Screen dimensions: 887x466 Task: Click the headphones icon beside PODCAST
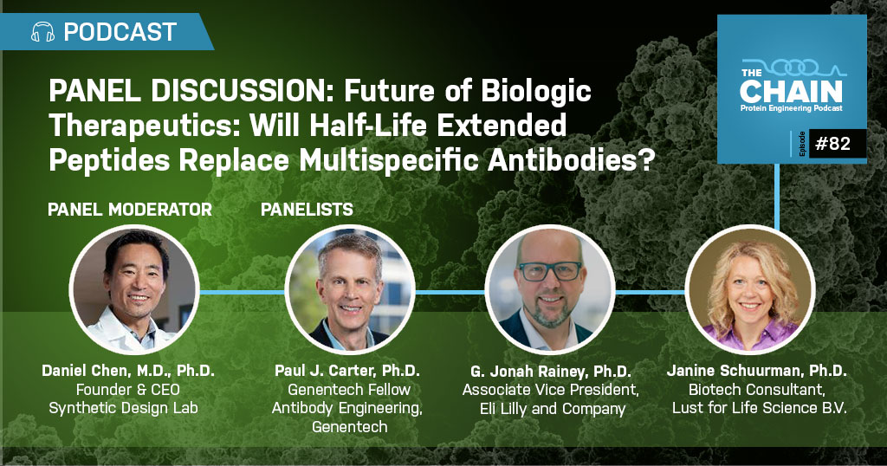pos(43,32)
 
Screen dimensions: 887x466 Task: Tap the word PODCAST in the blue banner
pos(120,32)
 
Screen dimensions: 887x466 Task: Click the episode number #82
pos(832,144)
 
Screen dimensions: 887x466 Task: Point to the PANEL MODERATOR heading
pos(130,210)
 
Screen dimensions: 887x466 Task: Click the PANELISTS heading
pos(307,210)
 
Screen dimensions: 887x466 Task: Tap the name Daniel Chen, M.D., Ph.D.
pos(128,371)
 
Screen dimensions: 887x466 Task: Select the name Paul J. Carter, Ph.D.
pos(347,371)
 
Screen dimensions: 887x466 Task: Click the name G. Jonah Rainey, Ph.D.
pos(550,372)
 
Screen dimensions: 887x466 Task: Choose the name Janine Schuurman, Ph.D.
pos(756,371)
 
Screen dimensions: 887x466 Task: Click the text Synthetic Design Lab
pos(123,408)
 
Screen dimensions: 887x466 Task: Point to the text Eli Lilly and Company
pos(553,408)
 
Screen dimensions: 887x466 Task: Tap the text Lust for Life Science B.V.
pos(759,407)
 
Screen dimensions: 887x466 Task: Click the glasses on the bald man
pos(550,271)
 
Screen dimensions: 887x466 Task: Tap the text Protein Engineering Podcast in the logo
pos(791,108)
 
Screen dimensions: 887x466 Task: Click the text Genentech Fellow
pos(349,390)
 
